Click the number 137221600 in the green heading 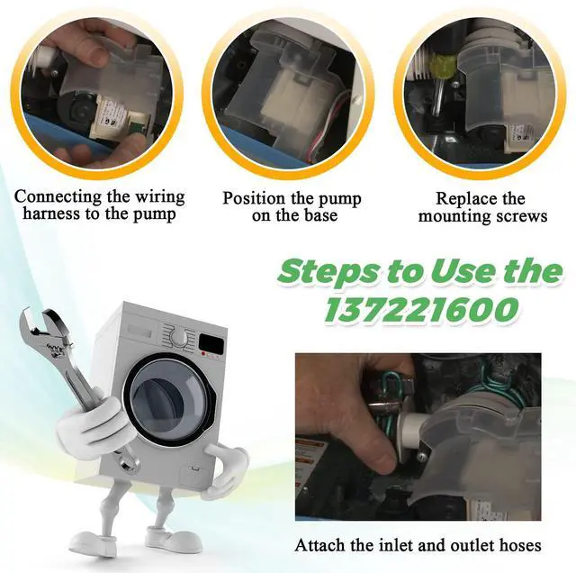point(422,308)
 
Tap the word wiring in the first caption point(160,196)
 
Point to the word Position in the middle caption point(254,198)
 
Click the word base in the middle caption point(319,215)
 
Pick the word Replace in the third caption point(463,199)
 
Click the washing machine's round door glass point(170,398)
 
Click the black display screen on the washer point(211,342)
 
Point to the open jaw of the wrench point(36,324)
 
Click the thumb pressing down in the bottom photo point(370,453)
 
